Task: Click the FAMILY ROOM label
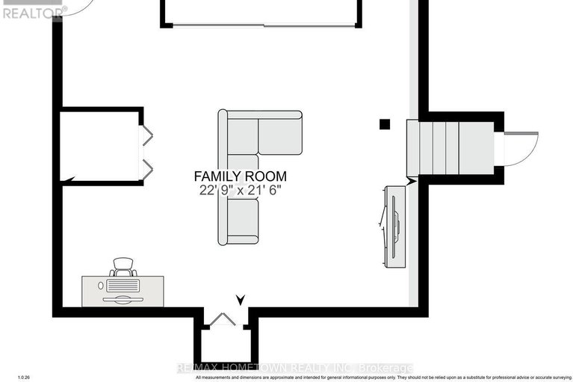click(x=240, y=176)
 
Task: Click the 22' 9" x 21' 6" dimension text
click(x=240, y=190)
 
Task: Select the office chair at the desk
click(x=123, y=266)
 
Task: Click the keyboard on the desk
click(x=123, y=286)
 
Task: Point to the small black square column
click(x=385, y=124)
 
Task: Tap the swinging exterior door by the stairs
click(x=521, y=148)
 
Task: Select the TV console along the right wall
click(x=394, y=225)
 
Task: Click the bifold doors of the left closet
click(x=146, y=153)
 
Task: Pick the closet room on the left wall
click(x=100, y=147)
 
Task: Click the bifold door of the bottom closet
click(x=222, y=320)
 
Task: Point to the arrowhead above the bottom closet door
click(x=240, y=300)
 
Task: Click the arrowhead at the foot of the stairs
click(x=410, y=180)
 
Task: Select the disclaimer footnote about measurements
click(x=381, y=378)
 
